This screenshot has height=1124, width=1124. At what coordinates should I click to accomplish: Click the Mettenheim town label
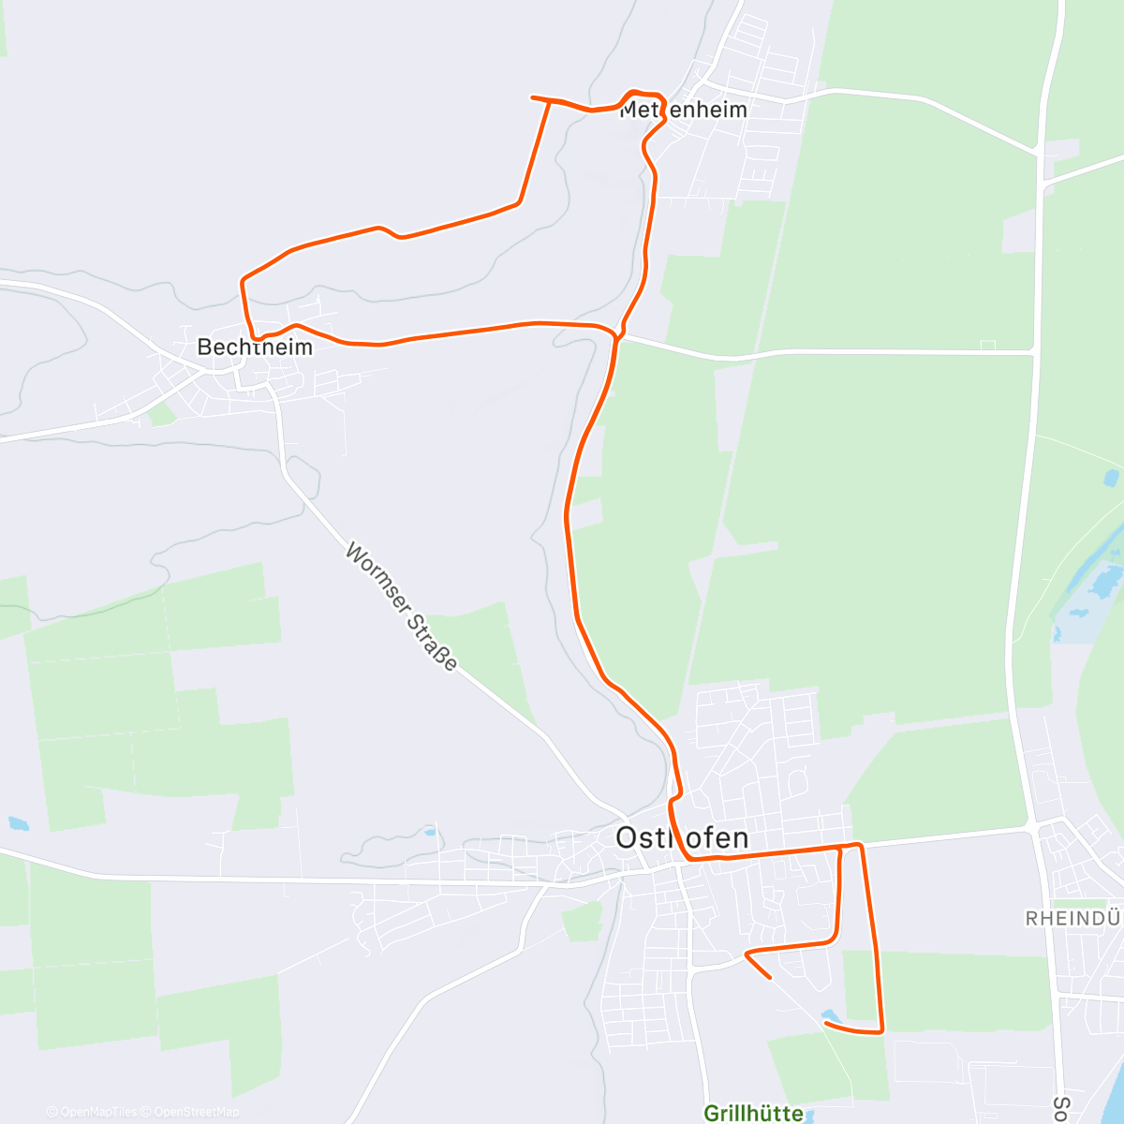[x=684, y=110]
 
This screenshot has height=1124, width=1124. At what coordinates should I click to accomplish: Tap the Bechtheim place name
[x=254, y=347]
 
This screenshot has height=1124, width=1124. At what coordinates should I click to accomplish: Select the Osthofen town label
[x=682, y=837]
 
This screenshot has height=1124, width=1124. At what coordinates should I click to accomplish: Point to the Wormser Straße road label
[x=401, y=606]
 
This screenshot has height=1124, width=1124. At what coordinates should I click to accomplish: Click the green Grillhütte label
[x=753, y=1113]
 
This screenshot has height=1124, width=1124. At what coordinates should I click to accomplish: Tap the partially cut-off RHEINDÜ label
[x=1073, y=918]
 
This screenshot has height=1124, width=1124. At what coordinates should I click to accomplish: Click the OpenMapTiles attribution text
[x=92, y=1112]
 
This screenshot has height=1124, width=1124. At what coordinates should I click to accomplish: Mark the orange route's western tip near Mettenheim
[x=533, y=97]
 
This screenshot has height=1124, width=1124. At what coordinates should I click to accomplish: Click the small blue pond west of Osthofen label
[x=429, y=831]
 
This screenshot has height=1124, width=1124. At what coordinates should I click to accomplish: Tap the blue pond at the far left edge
[x=18, y=824]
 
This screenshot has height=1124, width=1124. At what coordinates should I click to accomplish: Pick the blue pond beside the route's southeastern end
[x=830, y=1015]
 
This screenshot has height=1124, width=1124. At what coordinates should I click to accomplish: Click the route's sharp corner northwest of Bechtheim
[x=244, y=279]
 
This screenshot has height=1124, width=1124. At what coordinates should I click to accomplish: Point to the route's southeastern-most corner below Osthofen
[x=881, y=1031]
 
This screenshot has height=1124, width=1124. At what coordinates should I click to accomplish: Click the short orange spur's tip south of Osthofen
[x=769, y=977]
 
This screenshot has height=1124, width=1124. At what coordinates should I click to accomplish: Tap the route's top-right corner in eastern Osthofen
[x=858, y=846]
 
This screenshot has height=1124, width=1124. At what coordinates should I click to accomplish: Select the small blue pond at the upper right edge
[x=1112, y=479]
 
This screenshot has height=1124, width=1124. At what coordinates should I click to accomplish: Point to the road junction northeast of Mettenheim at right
[x=1042, y=153]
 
